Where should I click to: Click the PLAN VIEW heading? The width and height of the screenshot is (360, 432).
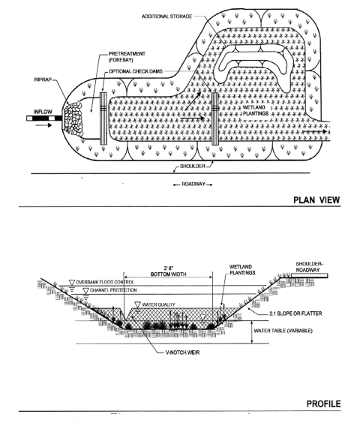[x=316, y=199]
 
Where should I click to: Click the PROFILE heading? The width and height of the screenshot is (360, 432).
[x=323, y=404]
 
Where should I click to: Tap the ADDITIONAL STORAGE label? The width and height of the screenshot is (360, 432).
[x=167, y=16]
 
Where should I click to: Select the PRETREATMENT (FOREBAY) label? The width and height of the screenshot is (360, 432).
[x=127, y=57]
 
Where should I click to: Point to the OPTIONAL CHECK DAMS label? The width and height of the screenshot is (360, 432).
[x=136, y=71]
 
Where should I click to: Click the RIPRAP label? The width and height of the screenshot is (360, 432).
[x=43, y=79]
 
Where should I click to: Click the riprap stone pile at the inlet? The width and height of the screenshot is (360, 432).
[x=73, y=118]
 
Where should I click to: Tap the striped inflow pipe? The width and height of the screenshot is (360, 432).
[x=45, y=118]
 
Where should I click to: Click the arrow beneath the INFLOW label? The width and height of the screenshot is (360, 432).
[x=43, y=125]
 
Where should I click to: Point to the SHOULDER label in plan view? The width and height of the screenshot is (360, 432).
[x=193, y=166]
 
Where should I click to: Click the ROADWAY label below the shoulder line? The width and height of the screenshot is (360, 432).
[x=193, y=184]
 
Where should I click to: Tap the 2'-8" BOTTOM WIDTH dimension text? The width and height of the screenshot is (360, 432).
[x=168, y=271]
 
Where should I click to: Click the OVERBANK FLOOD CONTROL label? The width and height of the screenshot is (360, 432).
[x=105, y=282]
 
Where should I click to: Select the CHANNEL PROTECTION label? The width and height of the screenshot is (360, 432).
[x=113, y=290]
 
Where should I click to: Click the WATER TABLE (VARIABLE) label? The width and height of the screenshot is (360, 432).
[x=283, y=331]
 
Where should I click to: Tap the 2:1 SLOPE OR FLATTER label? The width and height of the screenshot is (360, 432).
[x=295, y=313]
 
